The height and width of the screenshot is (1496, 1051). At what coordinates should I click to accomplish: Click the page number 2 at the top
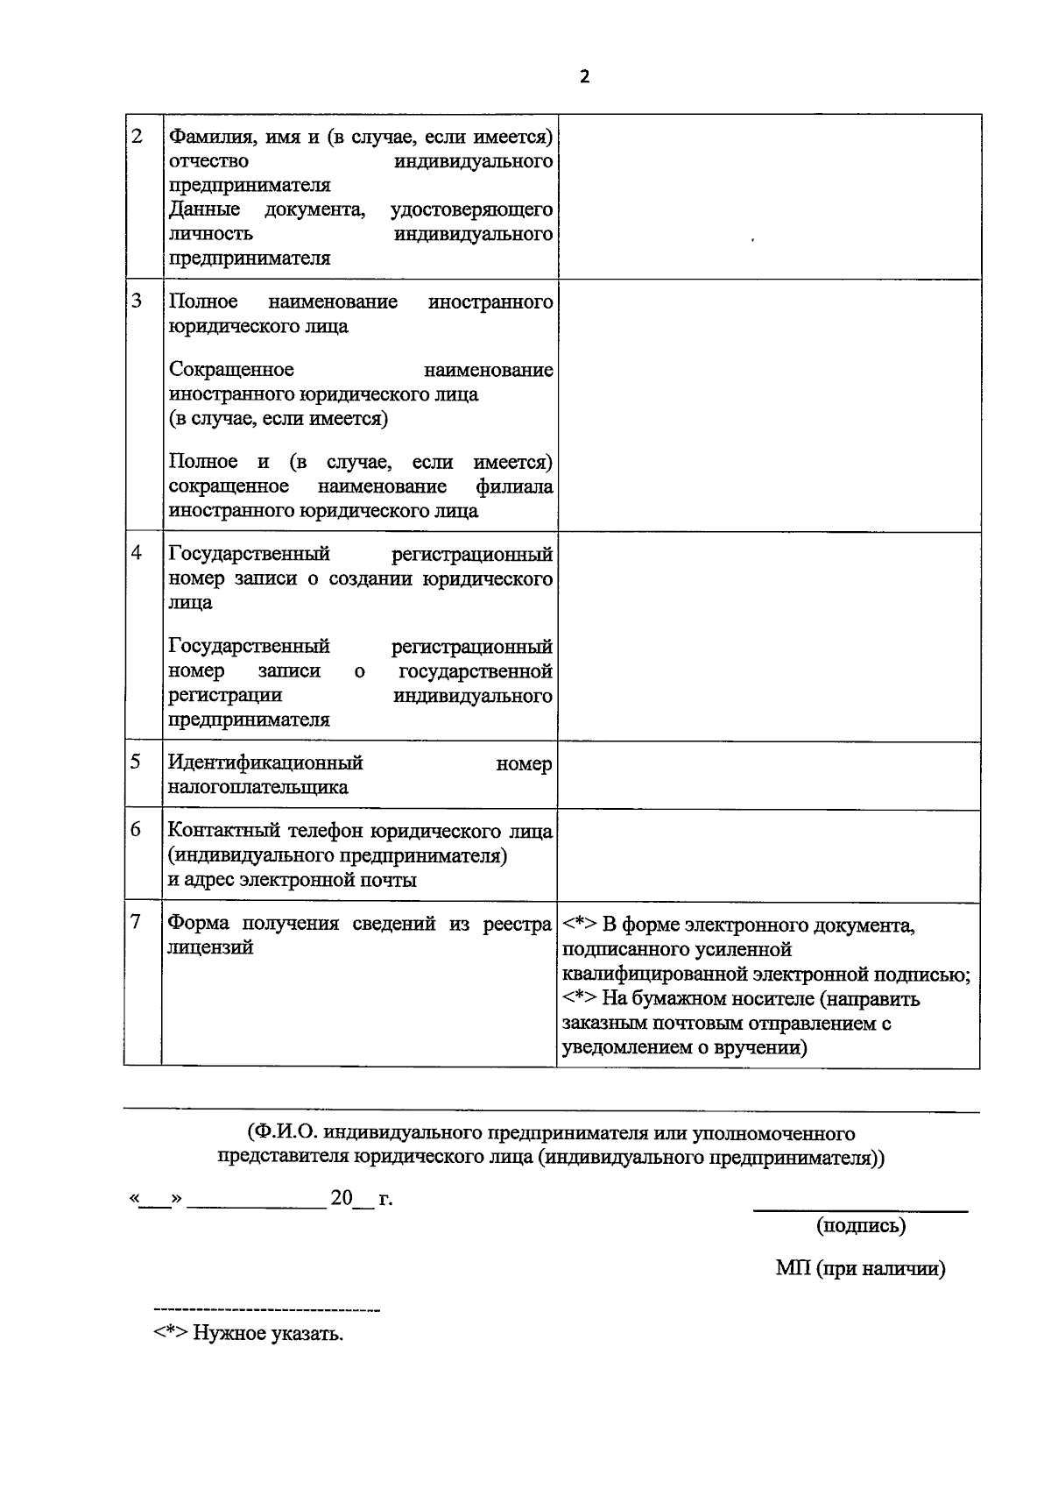pyautogui.click(x=585, y=77)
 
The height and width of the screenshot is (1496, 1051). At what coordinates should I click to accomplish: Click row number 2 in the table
pyautogui.click(x=137, y=137)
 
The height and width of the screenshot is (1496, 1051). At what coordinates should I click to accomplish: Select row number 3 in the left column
pyautogui.click(x=137, y=301)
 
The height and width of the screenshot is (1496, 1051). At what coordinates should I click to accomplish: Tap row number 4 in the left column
pyautogui.click(x=137, y=554)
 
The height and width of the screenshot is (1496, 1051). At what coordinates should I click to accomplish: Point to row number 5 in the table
pyautogui.click(x=137, y=761)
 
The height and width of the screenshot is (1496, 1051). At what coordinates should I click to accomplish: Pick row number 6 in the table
pyautogui.click(x=137, y=829)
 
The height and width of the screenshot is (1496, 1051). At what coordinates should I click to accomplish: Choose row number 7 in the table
pyautogui.click(x=135, y=922)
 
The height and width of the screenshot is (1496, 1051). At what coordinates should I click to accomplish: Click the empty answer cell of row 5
pyautogui.click(x=768, y=775)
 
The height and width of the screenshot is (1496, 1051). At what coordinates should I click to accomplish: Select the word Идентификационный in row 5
pyautogui.click(x=265, y=763)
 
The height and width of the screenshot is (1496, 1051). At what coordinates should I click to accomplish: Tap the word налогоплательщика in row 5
pyautogui.click(x=257, y=787)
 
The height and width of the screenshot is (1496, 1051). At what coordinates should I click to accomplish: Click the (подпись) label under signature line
pyautogui.click(x=860, y=1225)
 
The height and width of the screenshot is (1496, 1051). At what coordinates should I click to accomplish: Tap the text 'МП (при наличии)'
pyautogui.click(x=860, y=1268)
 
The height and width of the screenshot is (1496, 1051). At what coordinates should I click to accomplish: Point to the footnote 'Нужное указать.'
pyautogui.click(x=268, y=1334)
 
